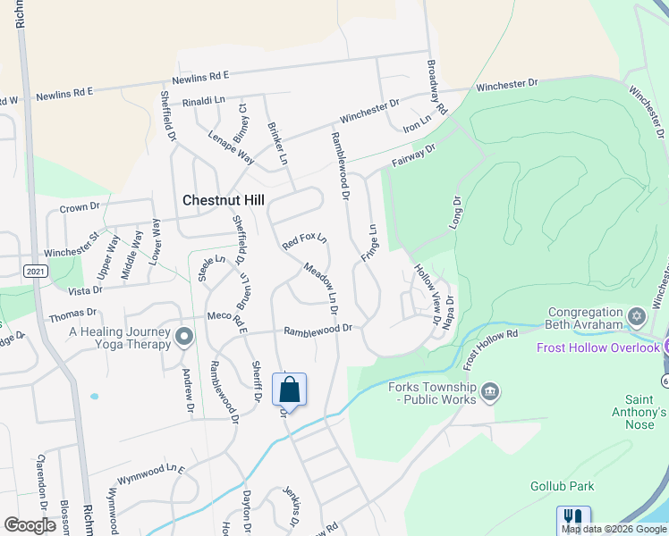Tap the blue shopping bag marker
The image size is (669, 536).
[x=289, y=390]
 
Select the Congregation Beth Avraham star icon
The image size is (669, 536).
[x=638, y=316]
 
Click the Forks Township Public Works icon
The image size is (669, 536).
[x=489, y=391]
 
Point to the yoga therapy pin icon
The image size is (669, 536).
[x=184, y=336]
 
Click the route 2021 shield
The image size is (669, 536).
[x=35, y=271]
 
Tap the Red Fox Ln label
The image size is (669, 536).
[x=304, y=242]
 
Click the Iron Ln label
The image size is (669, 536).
[x=418, y=124]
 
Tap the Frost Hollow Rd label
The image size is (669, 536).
[x=490, y=348]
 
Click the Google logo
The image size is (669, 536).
[x=30, y=524]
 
